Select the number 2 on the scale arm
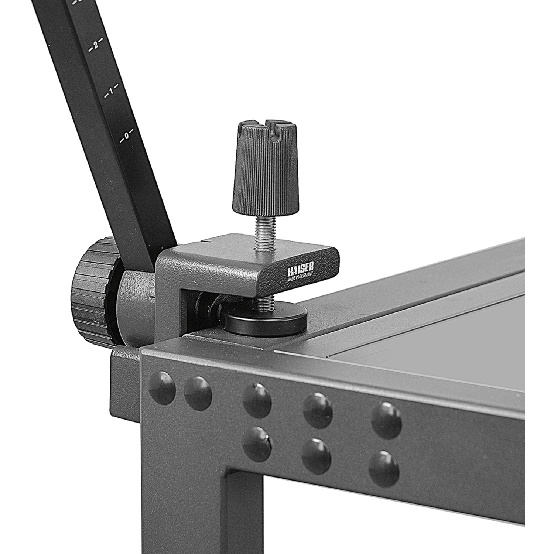pos(95,45)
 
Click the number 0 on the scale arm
pos(126,136)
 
